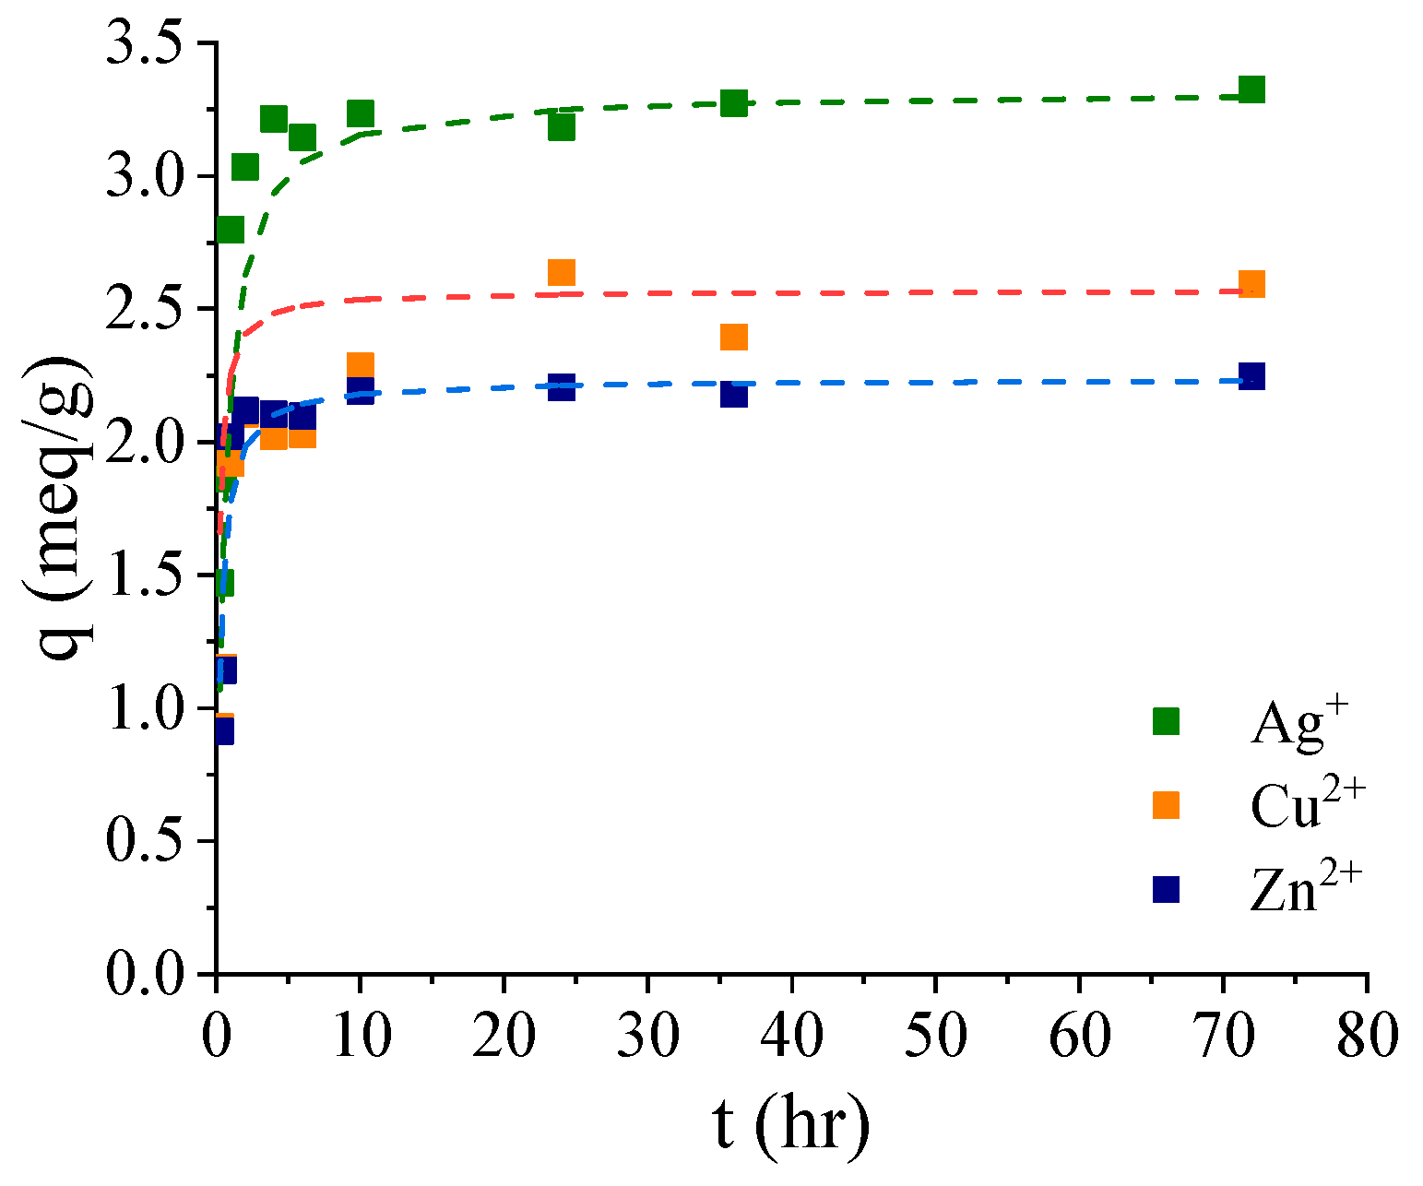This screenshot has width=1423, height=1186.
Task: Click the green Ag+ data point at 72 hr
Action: [1251, 89]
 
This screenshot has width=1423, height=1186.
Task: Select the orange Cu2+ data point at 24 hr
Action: [561, 272]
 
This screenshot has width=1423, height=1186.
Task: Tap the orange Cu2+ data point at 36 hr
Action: [733, 337]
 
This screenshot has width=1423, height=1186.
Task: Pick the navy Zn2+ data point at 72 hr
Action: [1251, 376]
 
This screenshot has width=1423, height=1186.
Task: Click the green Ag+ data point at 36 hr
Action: [733, 102]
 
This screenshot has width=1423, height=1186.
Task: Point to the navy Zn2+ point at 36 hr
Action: [733, 394]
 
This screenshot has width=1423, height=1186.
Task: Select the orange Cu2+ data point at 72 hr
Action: [1251, 284]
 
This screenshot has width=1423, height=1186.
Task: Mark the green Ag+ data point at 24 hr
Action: [561, 126]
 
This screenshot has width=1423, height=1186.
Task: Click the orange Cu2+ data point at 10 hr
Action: [360, 364]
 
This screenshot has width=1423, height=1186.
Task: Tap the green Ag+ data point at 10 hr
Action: [360, 113]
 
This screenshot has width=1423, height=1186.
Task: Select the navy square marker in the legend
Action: [1166, 889]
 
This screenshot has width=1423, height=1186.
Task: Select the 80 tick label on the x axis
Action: [1367, 1037]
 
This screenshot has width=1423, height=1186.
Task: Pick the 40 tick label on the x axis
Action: [791, 1037]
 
